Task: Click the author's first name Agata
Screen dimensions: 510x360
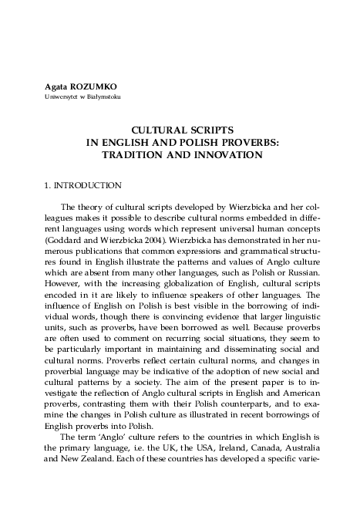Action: (56, 86)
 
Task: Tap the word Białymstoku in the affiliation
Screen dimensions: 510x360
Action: (103, 97)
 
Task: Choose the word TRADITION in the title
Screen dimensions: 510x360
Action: (133, 154)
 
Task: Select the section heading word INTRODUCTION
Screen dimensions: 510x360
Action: (87, 186)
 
